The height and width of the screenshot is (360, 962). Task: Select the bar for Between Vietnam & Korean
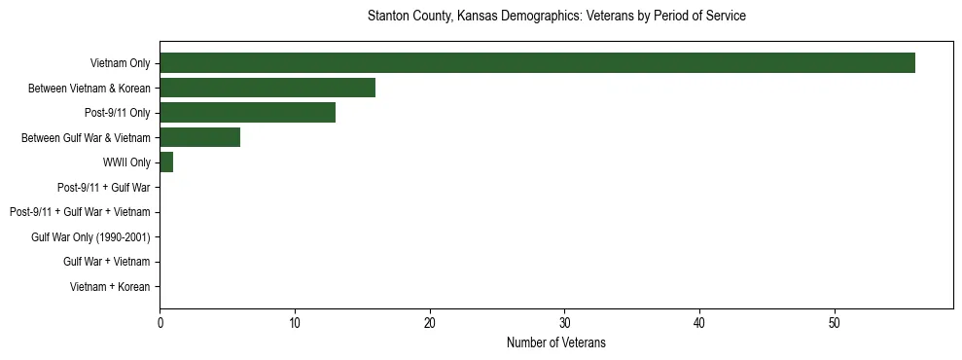pos(267,89)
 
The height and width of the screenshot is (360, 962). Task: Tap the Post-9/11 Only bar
pos(247,113)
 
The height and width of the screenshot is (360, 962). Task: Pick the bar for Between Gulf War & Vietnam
pos(199,137)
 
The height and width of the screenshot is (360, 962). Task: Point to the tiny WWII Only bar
pos(166,162)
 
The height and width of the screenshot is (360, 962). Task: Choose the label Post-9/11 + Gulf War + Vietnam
pos(80,212)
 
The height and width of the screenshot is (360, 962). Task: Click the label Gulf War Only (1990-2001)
pos(90,237)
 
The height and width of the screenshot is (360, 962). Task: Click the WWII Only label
pos(126,162)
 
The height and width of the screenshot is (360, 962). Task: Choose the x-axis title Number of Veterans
pos(555,342)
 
